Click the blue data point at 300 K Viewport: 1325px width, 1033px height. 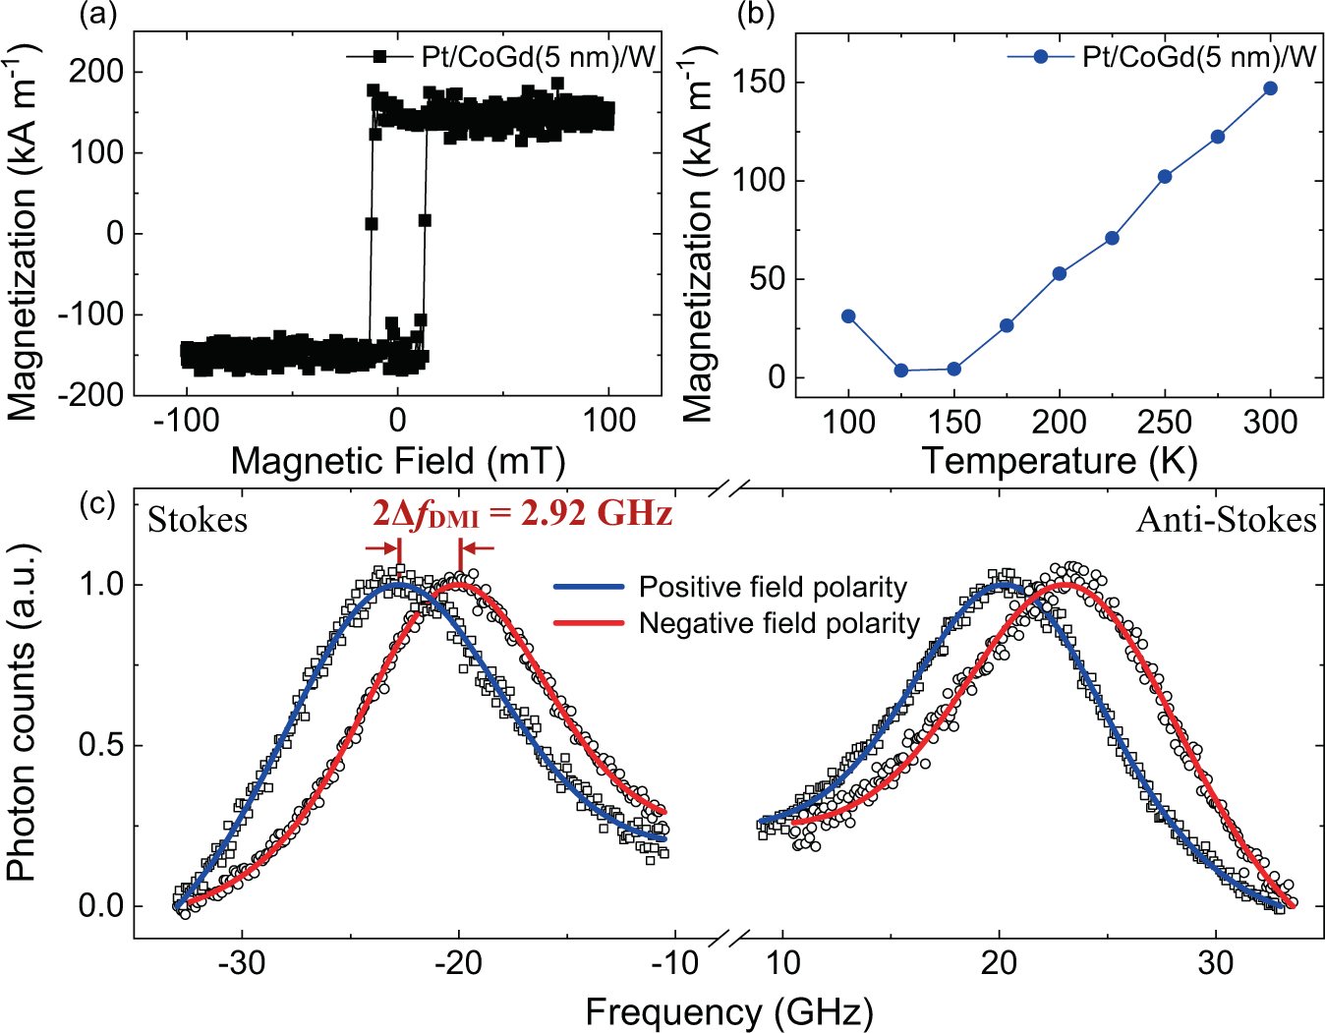pos(1270,88)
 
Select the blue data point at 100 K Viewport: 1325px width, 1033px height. pos(848,316)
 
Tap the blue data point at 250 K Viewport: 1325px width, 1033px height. pos(1165,177)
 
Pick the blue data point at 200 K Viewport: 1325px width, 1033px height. pos(1060,273)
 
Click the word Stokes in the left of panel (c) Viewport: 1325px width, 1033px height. pos(198,520)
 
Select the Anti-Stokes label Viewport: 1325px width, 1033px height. pos(1226,520)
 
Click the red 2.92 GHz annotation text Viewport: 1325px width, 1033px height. pos(522,513)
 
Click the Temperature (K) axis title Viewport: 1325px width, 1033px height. pos(1059,460)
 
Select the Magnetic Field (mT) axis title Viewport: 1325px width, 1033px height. pos(397,460)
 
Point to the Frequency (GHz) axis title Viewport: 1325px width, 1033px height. pos(728,1011)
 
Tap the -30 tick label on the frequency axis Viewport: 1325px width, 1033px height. pos(242,963)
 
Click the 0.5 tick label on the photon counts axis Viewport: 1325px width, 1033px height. pos(101,745)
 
